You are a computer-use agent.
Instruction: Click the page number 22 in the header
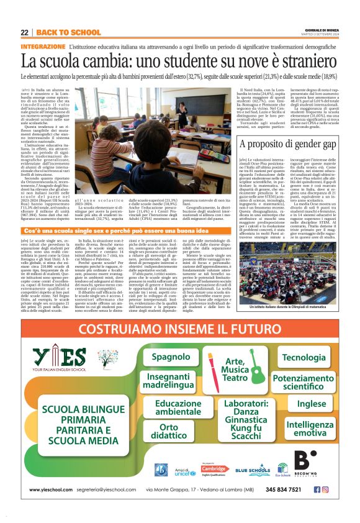click(x=24, y=32)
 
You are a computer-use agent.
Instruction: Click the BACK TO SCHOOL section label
click(x=60, y=32)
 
